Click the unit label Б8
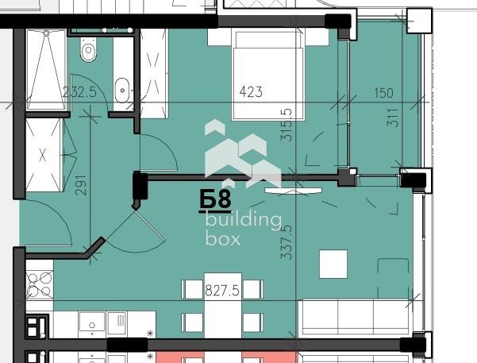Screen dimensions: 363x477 [x=215, y=199]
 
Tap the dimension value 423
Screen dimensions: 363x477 [x=251, y=92]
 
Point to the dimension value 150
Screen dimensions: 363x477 [x=383, y=93]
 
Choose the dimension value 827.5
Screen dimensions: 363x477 [x=222, y=290]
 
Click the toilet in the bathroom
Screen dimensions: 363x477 [x=88, y=52]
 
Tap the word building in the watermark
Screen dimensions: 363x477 [x=243, y=221]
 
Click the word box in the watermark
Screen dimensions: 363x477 [x=222, y=238]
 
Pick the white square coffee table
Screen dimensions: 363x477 [x=333, y=264]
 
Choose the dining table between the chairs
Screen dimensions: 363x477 [x=222, y=306]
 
